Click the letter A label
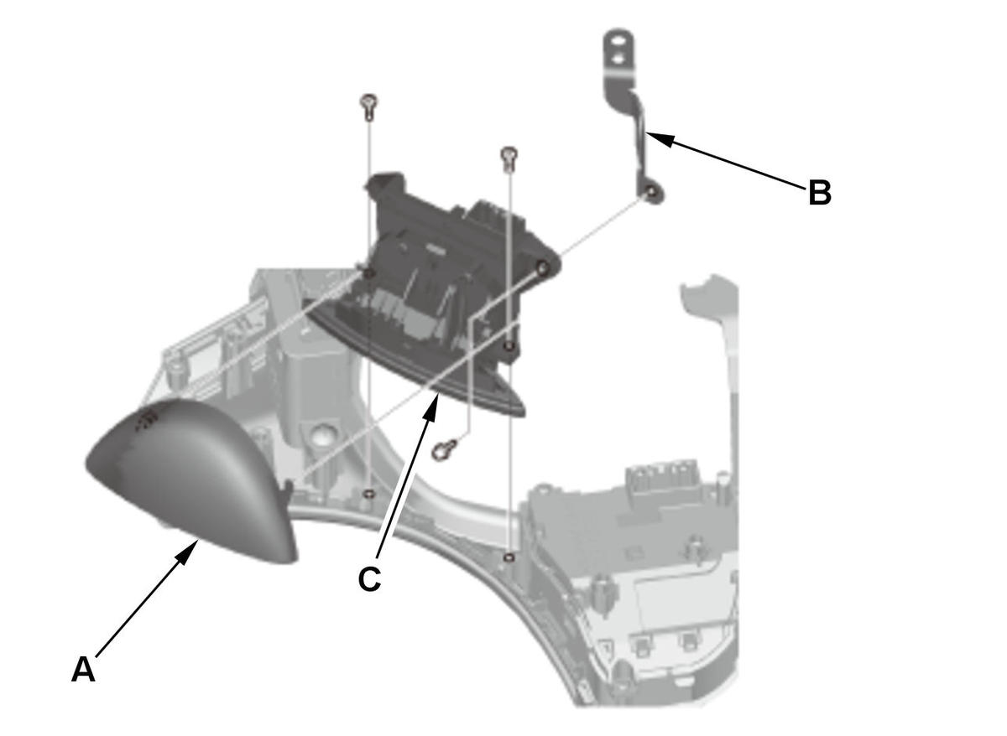point(83,670)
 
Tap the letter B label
point(820,193)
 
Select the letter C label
point(369,578)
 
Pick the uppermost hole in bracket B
point(621,42)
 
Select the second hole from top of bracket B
point(620,58)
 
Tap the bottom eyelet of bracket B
point(650,194)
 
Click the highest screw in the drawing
point(368,106)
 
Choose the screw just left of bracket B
point(509,159)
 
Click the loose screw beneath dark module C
point(444,449)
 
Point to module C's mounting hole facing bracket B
point(543,268)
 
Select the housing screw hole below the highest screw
point(368,494)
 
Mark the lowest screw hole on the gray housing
point(509,557)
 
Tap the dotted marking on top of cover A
point(147,419)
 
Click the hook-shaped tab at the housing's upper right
point(706,292)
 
